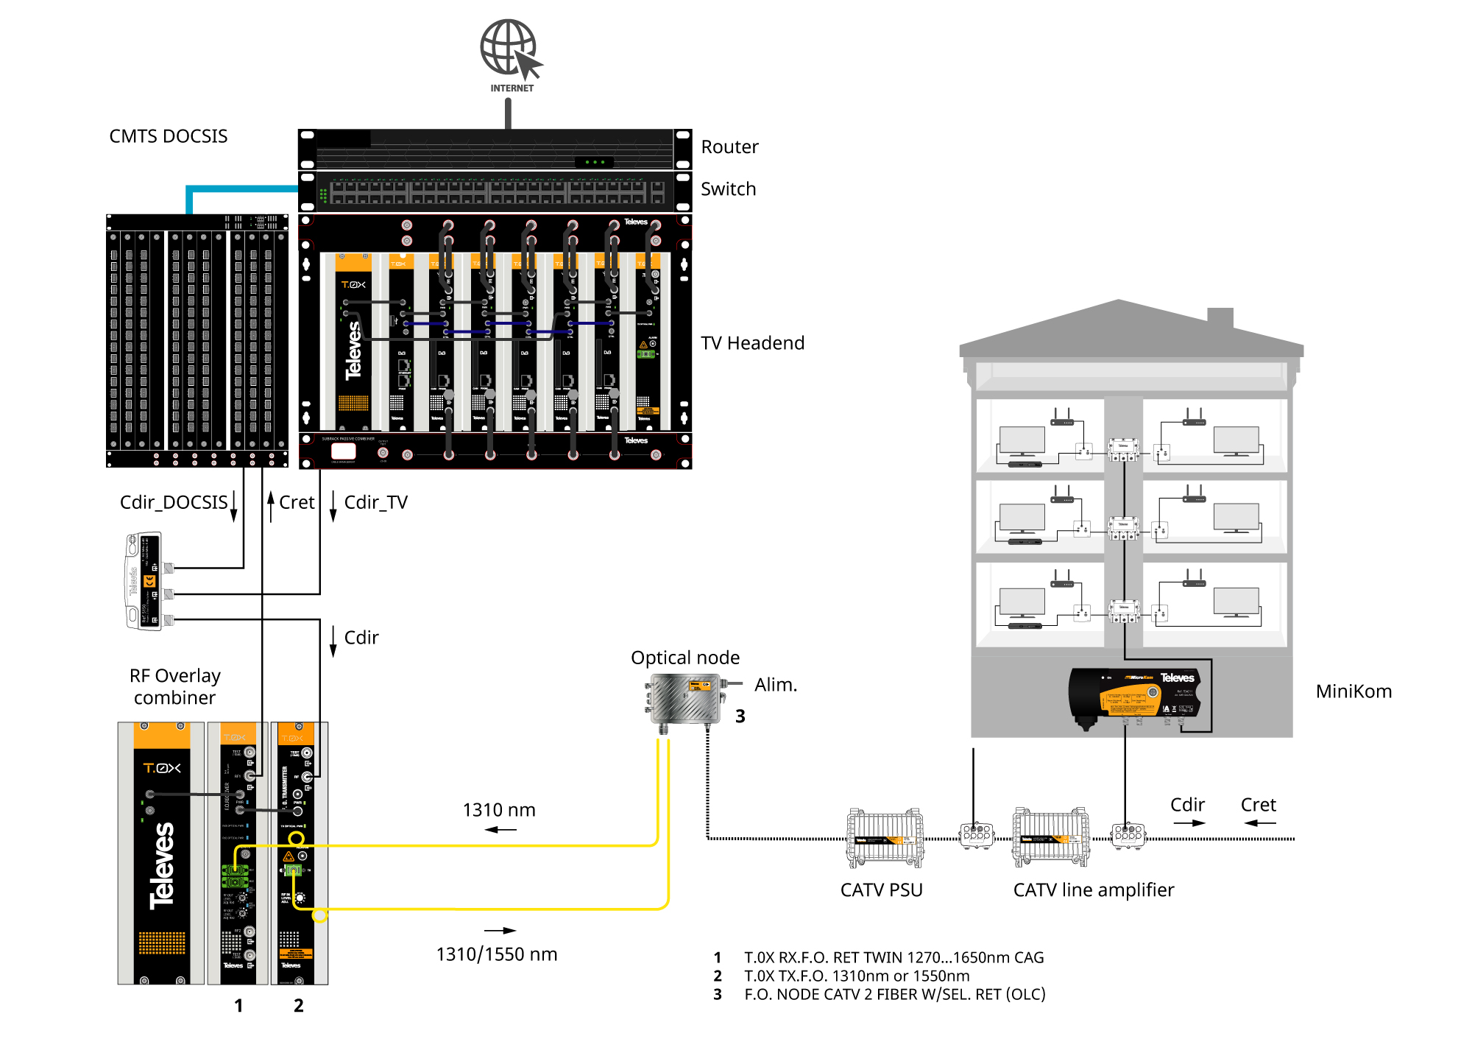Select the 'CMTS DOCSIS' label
point(169,136)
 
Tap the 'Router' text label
point(729,147)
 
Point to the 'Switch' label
point(728,189)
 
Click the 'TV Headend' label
point(752,343)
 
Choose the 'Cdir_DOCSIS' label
point(174,502)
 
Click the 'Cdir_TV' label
point(375,502)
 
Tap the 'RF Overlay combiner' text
point(174,686)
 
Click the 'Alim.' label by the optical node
point(775,685)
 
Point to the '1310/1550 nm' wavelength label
point(497,954)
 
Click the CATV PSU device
point(885,839)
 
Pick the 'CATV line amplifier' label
point(1093,890)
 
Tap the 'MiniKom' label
point(1354,691)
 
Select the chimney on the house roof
point(1220,318)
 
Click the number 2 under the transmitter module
point(299,1006)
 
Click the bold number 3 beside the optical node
point(740,716)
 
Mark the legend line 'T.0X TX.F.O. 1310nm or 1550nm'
point(856,976)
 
